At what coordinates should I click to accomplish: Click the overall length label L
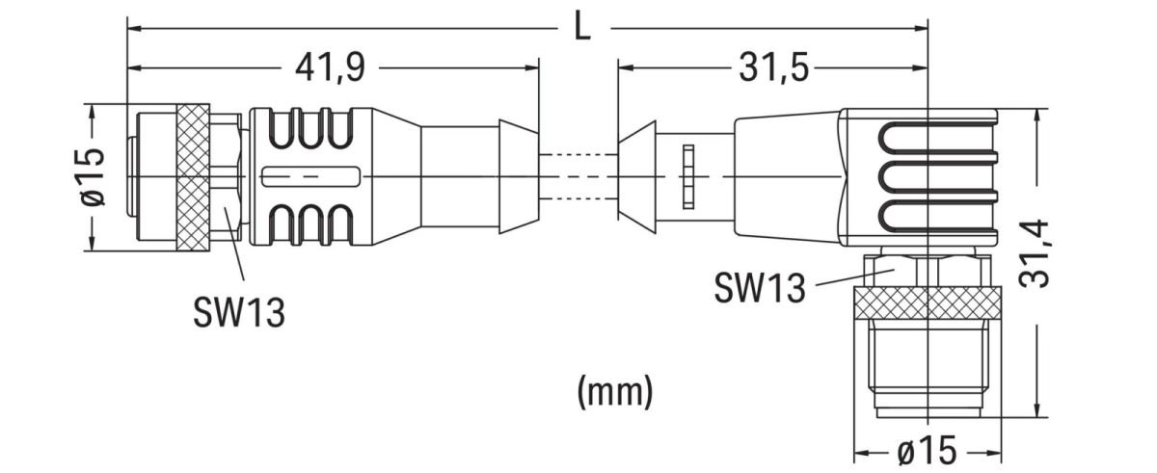coord(581,26)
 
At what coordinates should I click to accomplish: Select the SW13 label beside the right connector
coord(760,286)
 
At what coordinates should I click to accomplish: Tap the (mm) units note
coord(614,390)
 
